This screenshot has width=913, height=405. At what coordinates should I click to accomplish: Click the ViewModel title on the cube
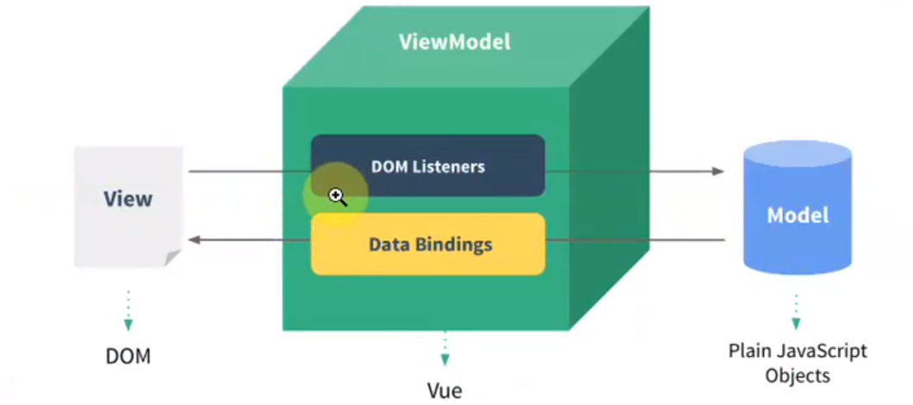[x=454, y=41]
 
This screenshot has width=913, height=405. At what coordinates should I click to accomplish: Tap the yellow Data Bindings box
[x=428, y=244]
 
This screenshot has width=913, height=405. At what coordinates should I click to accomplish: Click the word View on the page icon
[x=127, y=199]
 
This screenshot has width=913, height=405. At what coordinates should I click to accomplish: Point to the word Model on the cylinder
[x=798, y=215]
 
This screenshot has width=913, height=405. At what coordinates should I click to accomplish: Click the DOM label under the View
[x=128, y=355]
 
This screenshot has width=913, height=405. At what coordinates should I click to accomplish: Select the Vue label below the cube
[x=444, y=390]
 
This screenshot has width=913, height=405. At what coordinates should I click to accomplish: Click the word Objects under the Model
[x=797, y=376]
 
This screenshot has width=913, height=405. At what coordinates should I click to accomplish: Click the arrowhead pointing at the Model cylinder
[x=718, y=171]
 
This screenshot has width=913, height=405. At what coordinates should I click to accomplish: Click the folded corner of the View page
[x=173, y=258]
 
